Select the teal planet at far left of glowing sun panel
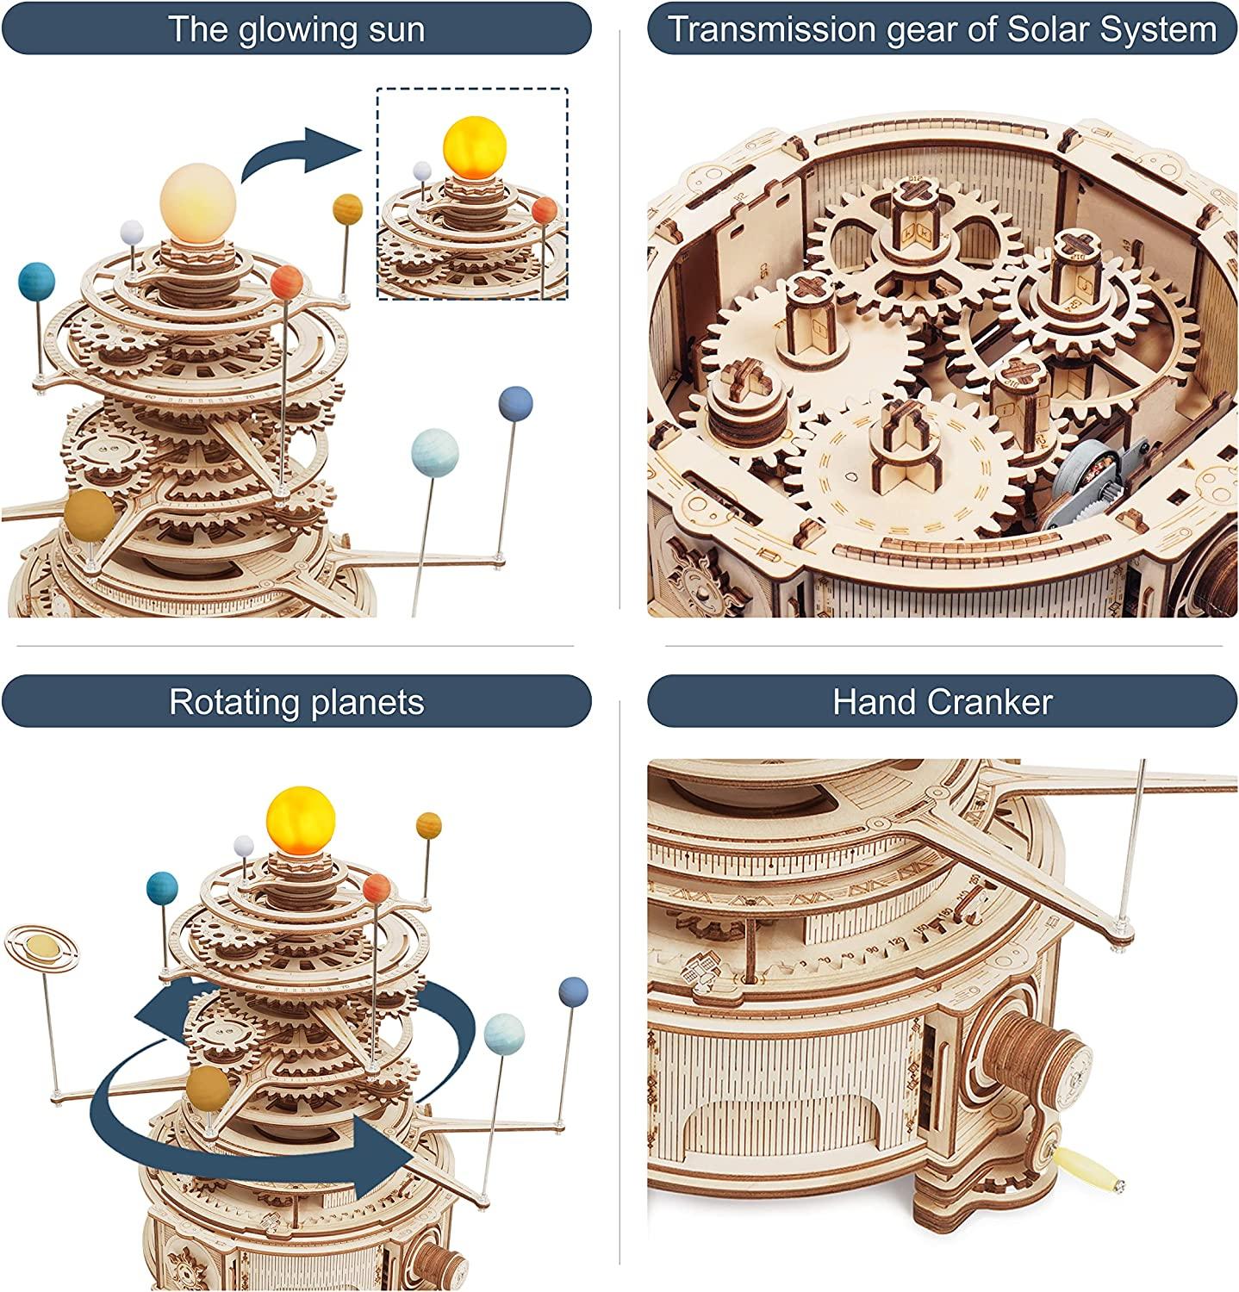click(x=36, y=282)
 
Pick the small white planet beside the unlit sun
click(x=131, y=231)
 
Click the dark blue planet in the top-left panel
click(x=515, y=403)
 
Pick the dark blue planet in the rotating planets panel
click(x=573, y=991)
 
